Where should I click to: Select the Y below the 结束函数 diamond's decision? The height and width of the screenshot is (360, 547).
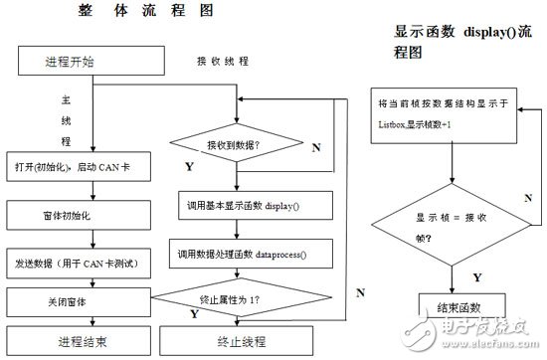point(450,275)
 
